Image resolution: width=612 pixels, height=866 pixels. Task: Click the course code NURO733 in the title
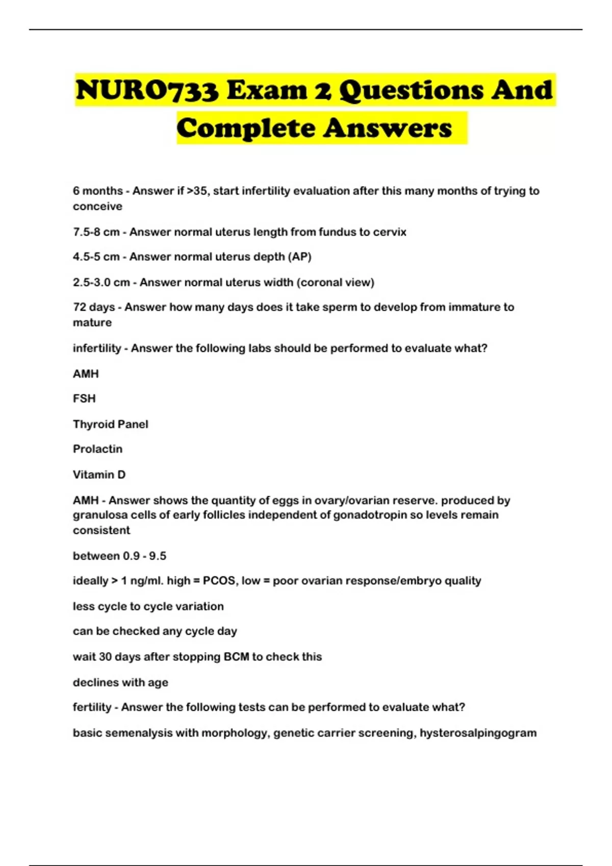147,90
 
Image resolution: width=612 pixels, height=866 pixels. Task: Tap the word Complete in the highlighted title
246,128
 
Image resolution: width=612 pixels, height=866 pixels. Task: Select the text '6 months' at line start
97,191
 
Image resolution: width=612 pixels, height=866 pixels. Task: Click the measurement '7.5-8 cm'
96,232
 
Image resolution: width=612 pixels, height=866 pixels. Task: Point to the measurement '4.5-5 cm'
96,257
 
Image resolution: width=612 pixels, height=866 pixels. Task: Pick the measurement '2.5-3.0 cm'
101,282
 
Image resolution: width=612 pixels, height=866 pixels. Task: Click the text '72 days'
94,307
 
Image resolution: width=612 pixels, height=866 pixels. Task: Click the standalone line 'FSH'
84,398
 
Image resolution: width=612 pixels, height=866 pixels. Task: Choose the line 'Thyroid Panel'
110,424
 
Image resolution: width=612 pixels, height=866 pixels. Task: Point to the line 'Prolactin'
97,449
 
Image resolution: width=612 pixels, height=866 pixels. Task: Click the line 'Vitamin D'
99,474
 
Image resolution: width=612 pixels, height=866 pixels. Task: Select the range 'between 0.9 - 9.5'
119,556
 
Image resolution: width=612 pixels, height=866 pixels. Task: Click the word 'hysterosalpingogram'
478,733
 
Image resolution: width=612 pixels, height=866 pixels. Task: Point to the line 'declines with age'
120,682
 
